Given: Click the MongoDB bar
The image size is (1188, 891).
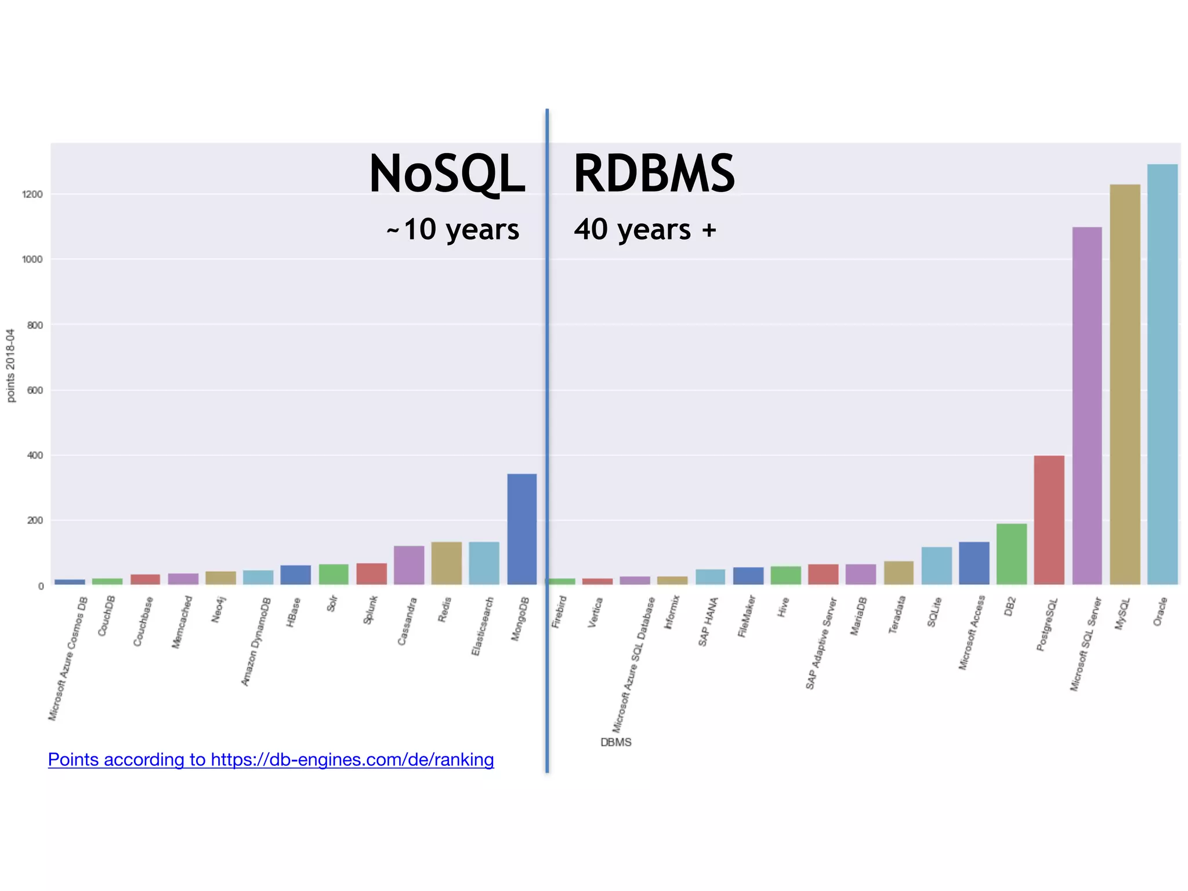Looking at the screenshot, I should pyautogui.click(x=521, y=528).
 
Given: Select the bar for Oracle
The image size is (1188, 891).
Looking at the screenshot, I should pyautogui.click(x=1162, y=374).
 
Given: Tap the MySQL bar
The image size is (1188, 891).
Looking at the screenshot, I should pyautogui.click(x=1125, y=384).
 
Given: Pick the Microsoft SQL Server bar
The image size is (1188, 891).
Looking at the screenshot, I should pyautogui.click(x=1087, y=405).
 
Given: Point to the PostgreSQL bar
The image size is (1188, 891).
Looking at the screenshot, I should pyautogui.click(x=1049, y=520).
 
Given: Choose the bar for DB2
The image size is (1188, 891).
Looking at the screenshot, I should pyautogui.click(x=1011, y=554).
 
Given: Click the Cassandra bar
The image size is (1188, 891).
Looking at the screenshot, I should pyautogui.click(x=409, y=565).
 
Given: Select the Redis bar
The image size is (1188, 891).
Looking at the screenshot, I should pyautogui.click(x=446, y=563).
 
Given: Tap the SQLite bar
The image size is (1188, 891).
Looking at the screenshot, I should pyautogui.click(x=936, y=566).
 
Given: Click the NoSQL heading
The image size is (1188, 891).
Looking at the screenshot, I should pyautogui.click(x=447, y=174).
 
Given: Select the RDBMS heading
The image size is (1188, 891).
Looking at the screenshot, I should pyautogui.click(x=654, y=174).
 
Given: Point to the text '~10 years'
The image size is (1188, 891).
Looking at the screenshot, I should pyautogui.click(x=452, y=230).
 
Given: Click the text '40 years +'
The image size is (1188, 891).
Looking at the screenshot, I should pyautogui.click(x=645, y=230).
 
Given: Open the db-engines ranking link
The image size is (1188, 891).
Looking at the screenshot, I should pyautogui.click(x=271, y=759).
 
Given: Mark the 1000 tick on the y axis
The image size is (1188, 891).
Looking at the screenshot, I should pyautogui.click(x=32, y=260).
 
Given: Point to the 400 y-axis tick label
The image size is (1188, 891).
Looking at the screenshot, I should pyautogui.click(x=35, y=456).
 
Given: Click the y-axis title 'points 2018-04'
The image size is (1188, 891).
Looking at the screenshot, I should pyautogui.click(x=10, y=365).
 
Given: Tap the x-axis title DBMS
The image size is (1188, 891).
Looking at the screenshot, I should pyautogui.click(x=615, y=742).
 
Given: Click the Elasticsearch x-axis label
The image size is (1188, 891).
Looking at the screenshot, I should pyautogui.click(x=483, y=627).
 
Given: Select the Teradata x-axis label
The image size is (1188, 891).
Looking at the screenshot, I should pyautogui.click(x=897, y=615).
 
